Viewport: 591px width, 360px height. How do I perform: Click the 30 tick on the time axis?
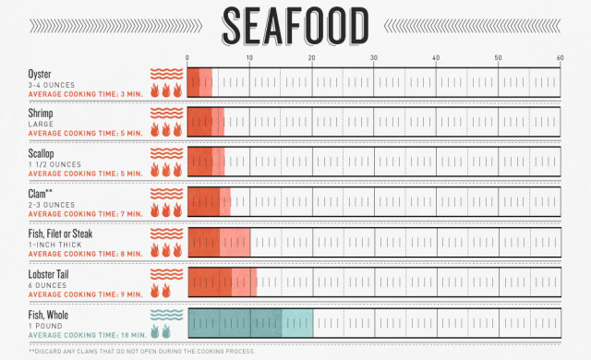coord(374,58)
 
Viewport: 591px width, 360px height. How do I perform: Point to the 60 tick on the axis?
coord(560,58)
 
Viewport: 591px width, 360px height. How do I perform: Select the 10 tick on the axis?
coord(249,58)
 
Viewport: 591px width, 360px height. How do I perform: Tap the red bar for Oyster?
coord(199,82)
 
